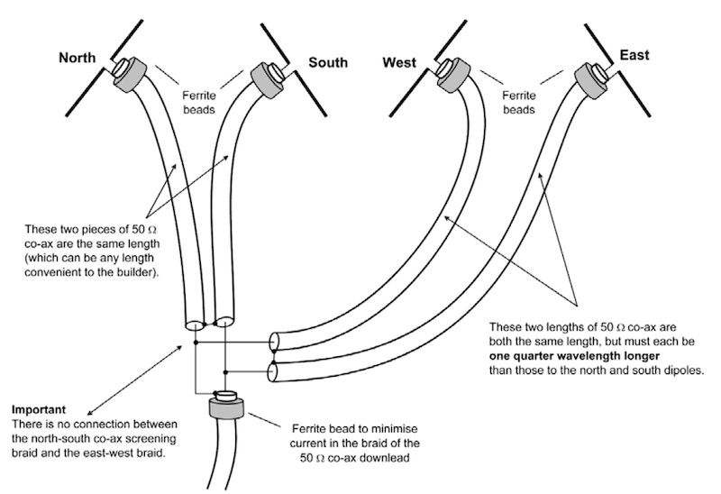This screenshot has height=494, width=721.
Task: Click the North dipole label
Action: coord(78,59)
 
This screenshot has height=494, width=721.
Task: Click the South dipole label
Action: coord(328,62)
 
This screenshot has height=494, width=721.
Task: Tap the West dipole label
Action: coord(399,62)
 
